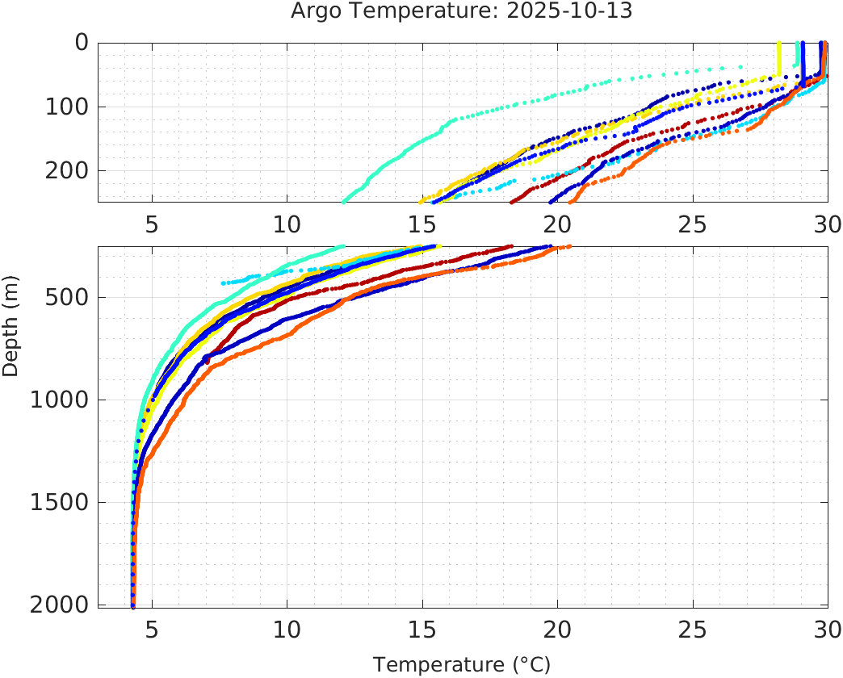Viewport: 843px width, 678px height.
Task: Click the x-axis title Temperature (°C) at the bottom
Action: tap(461, 665)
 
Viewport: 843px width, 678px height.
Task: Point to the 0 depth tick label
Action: tap(81, 42)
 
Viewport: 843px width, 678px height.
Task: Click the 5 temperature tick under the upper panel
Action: tap(152, 224)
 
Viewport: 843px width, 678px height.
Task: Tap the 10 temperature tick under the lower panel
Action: tap(287, 630)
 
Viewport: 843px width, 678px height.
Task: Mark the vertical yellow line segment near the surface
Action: tap(778, 58)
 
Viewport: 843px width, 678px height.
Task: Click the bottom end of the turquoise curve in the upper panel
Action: tap(344, 201)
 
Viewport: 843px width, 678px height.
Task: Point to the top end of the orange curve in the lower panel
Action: tap(569, 247)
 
